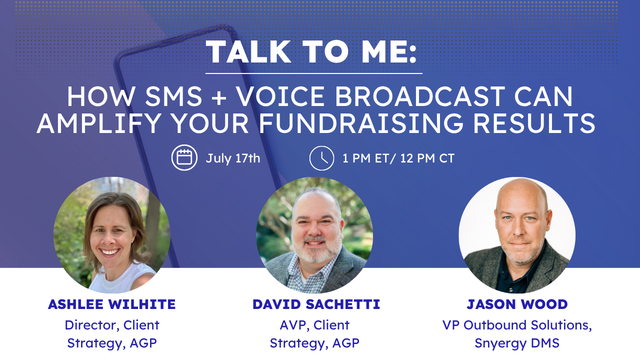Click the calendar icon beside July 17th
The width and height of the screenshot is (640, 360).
184,157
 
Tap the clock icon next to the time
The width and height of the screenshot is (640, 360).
321,158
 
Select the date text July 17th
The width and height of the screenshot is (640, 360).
233,158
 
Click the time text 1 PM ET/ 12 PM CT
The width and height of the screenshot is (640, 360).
398,158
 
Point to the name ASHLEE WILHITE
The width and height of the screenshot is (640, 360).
111,304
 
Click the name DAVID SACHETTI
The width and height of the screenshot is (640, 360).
316,304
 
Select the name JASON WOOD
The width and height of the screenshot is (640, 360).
517,304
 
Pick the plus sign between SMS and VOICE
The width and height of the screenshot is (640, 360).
219,97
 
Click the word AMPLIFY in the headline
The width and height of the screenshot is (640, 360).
98,123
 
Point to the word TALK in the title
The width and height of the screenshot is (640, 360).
248,51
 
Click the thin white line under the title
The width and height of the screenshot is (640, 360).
313,73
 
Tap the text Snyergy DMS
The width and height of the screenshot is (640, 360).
517,343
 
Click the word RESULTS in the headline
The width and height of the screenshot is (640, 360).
534,123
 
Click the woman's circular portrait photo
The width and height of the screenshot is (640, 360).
112,235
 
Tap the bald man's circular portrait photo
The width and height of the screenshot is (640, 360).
517,235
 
